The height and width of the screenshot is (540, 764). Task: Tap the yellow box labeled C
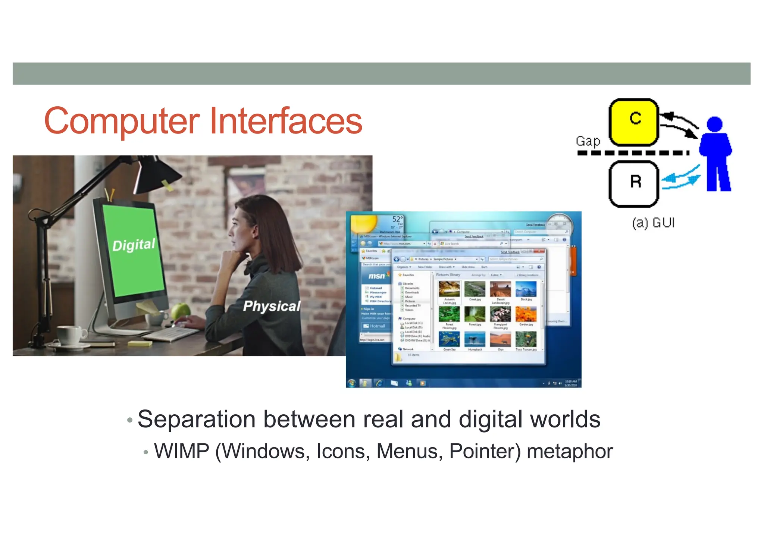(x=634, y=122)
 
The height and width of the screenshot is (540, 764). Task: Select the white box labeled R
(x=634, y=183)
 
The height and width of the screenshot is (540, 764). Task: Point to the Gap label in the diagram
(x=588, y=141)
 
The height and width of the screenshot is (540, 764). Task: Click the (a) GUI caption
(x=653, y=223)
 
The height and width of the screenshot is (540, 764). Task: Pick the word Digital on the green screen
(x=134, y=245)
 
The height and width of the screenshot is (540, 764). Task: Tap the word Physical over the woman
(x=272, y=306)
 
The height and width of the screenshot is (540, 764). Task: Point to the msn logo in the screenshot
(x=377, y=276)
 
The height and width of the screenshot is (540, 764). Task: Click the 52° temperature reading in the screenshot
(x=397, y=219)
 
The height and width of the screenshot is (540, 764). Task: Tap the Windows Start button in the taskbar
(x=351, y=383)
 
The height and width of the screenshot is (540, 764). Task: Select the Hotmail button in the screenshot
(x=375, y=326)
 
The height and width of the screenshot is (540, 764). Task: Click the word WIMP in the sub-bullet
(x=182, y=451)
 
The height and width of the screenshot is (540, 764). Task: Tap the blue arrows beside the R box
(x=680, y=179)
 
